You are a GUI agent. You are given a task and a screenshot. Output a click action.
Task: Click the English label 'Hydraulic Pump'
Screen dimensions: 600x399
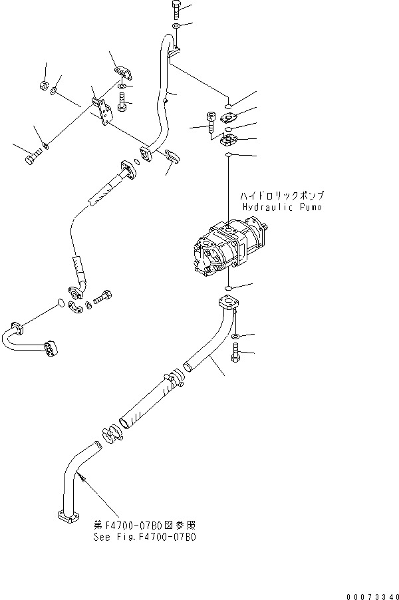282,208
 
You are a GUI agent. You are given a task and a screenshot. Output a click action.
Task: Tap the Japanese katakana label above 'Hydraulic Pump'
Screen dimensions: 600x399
282,197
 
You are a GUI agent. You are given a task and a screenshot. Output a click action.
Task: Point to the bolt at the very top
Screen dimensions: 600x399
175,9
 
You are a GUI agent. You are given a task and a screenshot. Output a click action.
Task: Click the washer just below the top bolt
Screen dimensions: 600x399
175,27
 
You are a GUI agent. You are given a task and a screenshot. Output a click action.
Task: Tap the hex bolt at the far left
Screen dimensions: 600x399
31,160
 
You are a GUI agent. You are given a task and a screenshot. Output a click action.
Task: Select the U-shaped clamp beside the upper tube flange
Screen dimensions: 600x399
172,156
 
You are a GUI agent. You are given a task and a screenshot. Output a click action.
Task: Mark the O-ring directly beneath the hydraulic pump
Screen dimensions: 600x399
228,288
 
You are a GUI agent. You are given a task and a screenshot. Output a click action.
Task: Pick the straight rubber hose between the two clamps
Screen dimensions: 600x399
145,403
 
